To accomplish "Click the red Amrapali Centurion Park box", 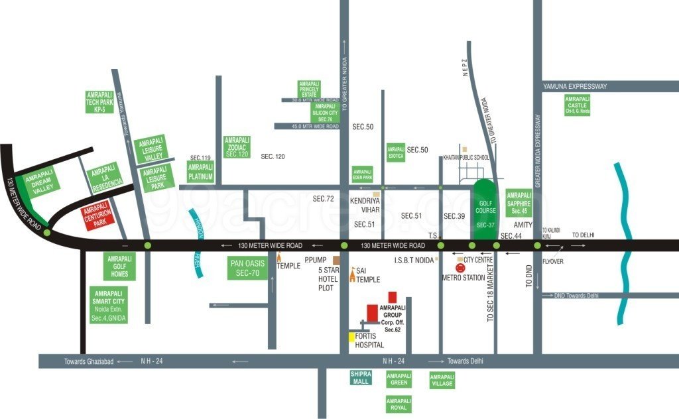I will (98, 217).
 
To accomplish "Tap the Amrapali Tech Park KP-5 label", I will (100, 103).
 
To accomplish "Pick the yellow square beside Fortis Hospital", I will (351, 337).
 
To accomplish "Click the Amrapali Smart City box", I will (109, 306).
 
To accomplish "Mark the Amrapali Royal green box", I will (399, 404).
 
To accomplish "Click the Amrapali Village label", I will (442, 379).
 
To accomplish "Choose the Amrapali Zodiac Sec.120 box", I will (237, 147).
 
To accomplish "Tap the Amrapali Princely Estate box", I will (309, 90).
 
